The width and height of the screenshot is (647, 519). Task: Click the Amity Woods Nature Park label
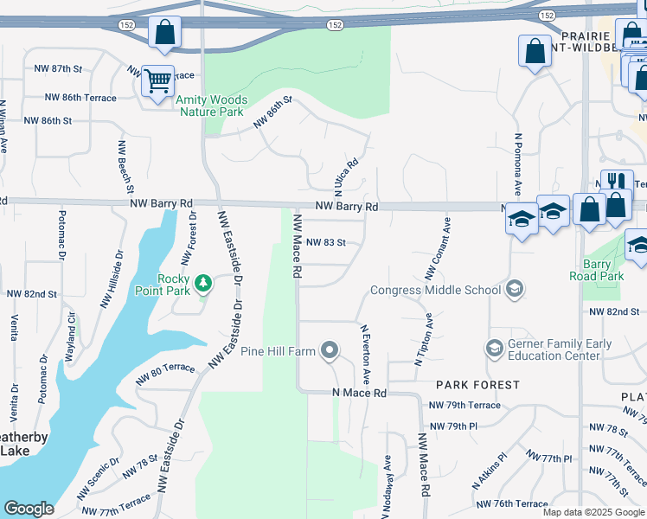211,106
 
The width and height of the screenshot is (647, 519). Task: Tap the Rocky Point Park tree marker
202,283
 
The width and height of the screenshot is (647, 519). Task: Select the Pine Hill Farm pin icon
329,350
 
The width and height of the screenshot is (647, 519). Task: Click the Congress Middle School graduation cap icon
515,288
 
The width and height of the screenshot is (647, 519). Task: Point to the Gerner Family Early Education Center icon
494,349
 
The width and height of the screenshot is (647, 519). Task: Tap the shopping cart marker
158,82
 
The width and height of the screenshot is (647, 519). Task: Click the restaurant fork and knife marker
617,183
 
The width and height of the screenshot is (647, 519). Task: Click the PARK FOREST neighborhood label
477,384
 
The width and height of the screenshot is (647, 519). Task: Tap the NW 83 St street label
325,243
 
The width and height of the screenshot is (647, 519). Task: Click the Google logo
29,509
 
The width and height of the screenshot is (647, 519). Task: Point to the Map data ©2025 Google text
593,512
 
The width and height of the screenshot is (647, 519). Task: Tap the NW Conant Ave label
438,247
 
